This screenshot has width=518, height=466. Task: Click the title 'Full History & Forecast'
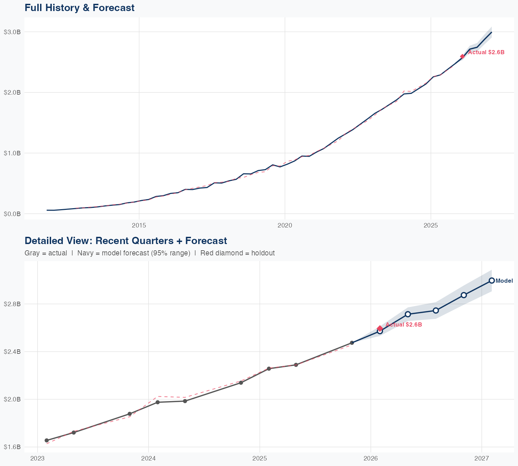(x=79, y=8)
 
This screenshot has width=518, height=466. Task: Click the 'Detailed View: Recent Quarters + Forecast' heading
(x=126, y=241)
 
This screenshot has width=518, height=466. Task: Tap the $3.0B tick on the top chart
(x=12, y=32)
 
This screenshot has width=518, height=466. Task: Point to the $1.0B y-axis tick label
(x=12, y=153)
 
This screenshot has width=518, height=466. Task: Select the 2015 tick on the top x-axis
(x=139, y=226)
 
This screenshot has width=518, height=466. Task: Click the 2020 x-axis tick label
(x=285, y=226)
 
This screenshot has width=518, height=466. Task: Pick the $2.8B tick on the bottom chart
(x=12, y=304)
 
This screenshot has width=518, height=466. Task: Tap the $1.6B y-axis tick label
(x=12, y=447)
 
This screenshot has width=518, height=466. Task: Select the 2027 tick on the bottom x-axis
(x=482, y=458)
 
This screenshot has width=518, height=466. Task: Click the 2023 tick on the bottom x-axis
(x=37, y=458)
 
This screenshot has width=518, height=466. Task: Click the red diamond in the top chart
(x=462, y=56)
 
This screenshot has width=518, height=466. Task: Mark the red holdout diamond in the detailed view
(x=380, y=328)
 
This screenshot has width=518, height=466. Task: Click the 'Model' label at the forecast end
(x=504, y=281)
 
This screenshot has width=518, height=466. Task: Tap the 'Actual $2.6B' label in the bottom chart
(x=404, y=324)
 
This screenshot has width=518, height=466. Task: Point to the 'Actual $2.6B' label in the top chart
(x=486, y=52)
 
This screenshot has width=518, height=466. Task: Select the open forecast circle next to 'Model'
(x=492, y=281)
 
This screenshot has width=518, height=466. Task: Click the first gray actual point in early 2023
(x=47, y=440)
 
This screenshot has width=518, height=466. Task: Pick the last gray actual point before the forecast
(x=352, y=343)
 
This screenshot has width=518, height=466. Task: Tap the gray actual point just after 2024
(x=158, y=402)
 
